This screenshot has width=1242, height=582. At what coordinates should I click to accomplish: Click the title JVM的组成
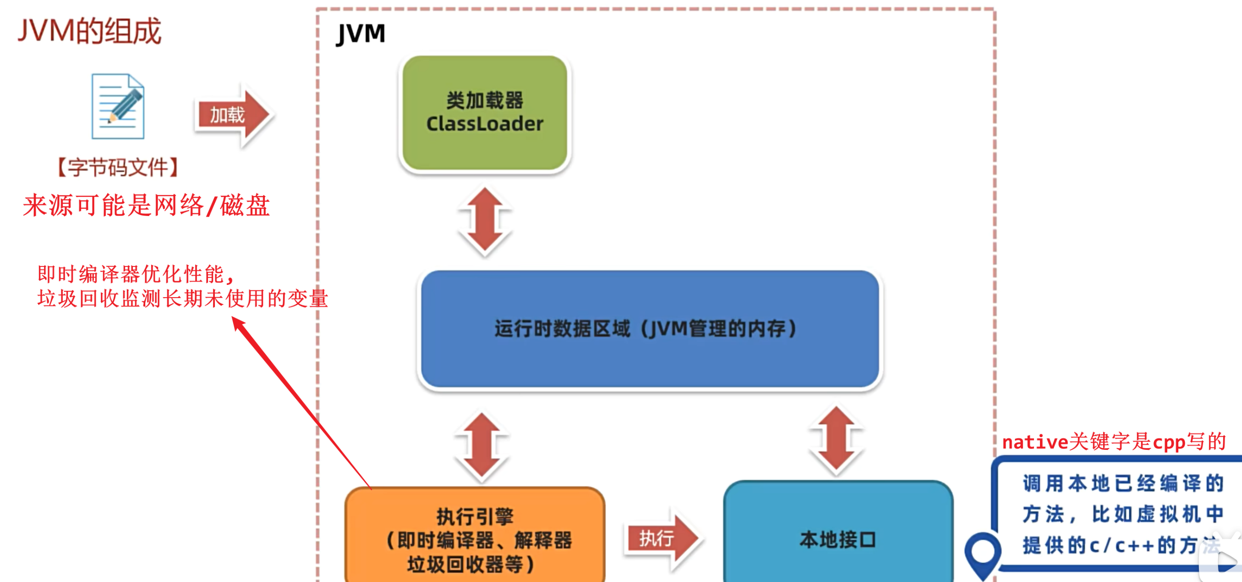(x=89, y=31)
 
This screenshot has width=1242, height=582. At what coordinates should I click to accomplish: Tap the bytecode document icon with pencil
(x=118, y=106)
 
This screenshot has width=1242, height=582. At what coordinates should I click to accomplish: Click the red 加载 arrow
(x=234, y=115)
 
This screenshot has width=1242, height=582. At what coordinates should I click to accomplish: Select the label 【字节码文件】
(x=118, y=167)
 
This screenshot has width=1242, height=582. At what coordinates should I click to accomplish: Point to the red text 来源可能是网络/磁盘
(x=146, y=205)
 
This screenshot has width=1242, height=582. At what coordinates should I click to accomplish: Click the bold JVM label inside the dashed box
(x=361, y=34)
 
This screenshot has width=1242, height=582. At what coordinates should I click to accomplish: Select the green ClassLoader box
(x=485, y=112)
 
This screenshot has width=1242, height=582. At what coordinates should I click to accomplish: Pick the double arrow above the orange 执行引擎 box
(x=481, y=446)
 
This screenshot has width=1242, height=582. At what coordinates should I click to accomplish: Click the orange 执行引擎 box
(x=475, y=536)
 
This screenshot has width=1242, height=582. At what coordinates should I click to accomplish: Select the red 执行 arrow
(x=662, y=538)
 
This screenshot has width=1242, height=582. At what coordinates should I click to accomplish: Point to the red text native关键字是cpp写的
(x=1114, y=442)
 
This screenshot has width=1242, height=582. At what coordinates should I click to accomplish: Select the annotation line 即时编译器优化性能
(x=136, y=274)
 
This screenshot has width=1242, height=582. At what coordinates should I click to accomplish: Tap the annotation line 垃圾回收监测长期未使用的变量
(x=182, y=299)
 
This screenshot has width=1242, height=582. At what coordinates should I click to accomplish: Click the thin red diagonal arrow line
(x=301, y=403)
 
